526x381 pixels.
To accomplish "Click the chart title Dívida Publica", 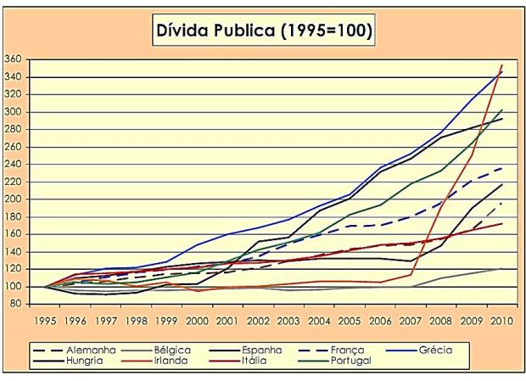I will click(263, 31).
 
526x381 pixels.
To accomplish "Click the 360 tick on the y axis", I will click(14, 59).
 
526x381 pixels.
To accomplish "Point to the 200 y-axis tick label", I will click(14, 199).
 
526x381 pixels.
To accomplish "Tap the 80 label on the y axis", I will click(17, 304).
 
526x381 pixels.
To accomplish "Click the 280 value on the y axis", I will click(14, 129).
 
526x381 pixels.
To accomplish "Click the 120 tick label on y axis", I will click(14, 269).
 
